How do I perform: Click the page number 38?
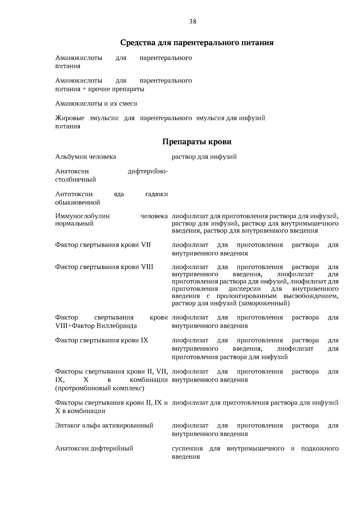[193, 22]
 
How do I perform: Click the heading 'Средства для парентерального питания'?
[197, 43]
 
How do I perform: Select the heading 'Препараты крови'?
[197, 142]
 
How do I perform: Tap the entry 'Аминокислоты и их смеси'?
[96, 104]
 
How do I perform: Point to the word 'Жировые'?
[70, 118]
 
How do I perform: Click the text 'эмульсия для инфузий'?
[230, 118]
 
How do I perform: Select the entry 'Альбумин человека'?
[85, 157]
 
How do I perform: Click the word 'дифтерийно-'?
[148, 172]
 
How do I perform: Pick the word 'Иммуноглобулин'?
[82, 216]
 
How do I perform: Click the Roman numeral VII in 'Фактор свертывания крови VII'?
[145, 245]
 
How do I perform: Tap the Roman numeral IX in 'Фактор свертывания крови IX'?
[144, 340]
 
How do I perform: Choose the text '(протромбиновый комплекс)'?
[100, 388]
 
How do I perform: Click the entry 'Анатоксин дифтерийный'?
[94, 449]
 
